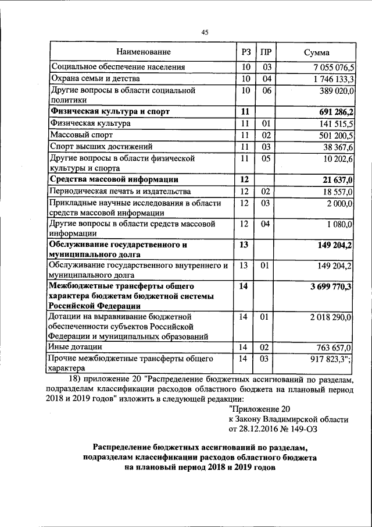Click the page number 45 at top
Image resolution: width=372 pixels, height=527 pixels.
pos(205,33)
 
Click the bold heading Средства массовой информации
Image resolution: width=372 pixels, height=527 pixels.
pos(114,179)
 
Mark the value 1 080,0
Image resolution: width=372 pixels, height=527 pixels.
pos(338,224)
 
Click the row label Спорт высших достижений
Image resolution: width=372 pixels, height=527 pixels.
pos(102,146)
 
